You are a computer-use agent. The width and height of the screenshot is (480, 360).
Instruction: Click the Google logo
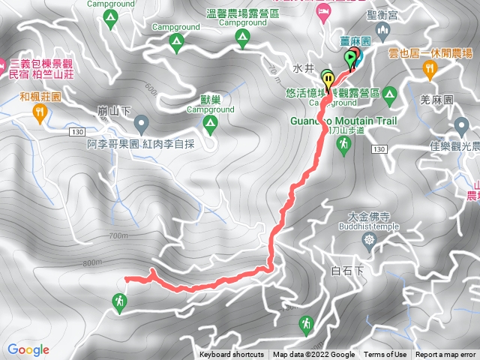(x=28, y=349)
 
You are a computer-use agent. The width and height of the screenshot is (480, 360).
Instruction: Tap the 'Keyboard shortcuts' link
(x=232, y=355)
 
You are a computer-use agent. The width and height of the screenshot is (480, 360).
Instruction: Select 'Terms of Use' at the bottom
(x=385, y=355)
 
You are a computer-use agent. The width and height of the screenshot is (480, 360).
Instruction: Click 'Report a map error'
(x=446, y=355)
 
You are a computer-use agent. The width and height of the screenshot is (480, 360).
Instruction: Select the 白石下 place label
(x=346, y=269)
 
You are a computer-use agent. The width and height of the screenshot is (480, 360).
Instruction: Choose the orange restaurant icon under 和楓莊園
(x=40, y=113)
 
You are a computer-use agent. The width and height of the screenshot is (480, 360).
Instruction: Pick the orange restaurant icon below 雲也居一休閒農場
(x=430, y=69)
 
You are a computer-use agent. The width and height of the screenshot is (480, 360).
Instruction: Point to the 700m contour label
(x=118, y=235)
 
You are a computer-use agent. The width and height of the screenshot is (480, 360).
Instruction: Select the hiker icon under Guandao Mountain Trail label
(x=344, y=145)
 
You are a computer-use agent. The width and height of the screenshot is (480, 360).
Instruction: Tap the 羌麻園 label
(x=436, y=100)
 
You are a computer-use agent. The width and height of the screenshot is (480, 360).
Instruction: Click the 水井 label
(x=301, y=68)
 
